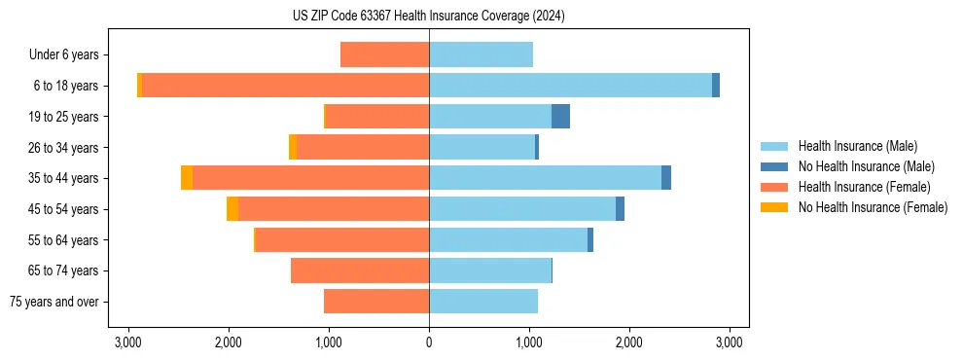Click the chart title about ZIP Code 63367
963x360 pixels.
pos(429,17)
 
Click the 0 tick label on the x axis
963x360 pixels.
pos(429,342)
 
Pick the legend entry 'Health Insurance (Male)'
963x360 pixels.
pos(857,146)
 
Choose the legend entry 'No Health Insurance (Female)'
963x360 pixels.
pos(873,207)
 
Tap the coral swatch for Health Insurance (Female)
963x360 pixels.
pos(774,187)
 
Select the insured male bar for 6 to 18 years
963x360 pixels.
pos(570,86)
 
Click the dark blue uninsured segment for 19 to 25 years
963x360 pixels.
pos(560,117)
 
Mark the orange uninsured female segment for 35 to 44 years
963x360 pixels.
pos(187,178)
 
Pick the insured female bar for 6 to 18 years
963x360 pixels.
pos(286,86)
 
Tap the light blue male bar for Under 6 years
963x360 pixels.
pos(481,55)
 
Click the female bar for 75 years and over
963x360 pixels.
pos(376,302)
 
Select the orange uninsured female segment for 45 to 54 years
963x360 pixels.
pos(232,209)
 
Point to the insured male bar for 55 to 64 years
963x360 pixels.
pos(508,240)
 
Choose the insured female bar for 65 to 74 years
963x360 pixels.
pos(360,270)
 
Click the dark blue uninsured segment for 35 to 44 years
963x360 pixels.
pos(666,178)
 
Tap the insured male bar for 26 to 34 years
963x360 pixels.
pos(481,147)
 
